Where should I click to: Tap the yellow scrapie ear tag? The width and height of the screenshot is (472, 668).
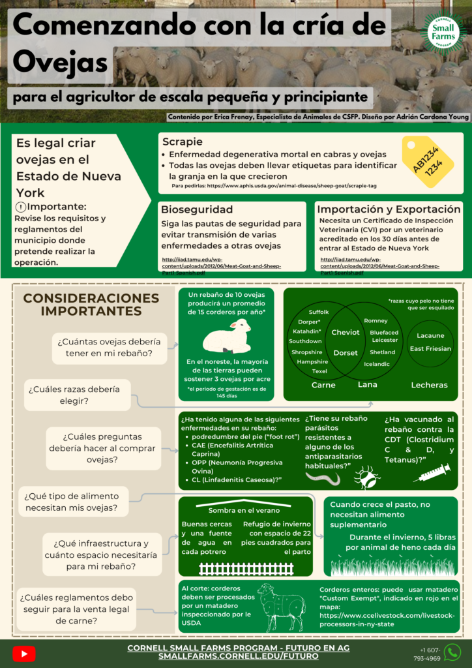[x=428, y=162]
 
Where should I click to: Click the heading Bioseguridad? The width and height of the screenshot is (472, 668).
[x=197, y=209]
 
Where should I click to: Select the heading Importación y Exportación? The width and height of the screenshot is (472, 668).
[x=389, y=209]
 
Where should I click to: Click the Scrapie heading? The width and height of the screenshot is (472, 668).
[x=182, y=141]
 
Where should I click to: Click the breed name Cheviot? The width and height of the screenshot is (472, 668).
[x=346, y=332]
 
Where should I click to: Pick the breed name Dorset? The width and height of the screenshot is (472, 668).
[x=346, y=352]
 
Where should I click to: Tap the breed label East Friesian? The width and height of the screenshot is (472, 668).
[x=430, y=348]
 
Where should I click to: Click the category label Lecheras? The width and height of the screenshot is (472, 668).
[x=429, y=385]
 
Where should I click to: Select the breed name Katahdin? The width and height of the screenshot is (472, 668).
[x=306, y=331]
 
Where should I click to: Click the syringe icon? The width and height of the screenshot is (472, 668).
[x=432, y=473]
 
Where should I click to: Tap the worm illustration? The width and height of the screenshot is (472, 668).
[x=323, y=479]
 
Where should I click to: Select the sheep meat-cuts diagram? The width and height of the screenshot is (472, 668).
[x=281, y=606]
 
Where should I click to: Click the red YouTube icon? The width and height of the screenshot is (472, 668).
[x=24, y=654]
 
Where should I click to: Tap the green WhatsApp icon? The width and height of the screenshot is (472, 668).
[x=452, y=652]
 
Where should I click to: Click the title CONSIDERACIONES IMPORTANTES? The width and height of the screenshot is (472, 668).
[x=91, y=304]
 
